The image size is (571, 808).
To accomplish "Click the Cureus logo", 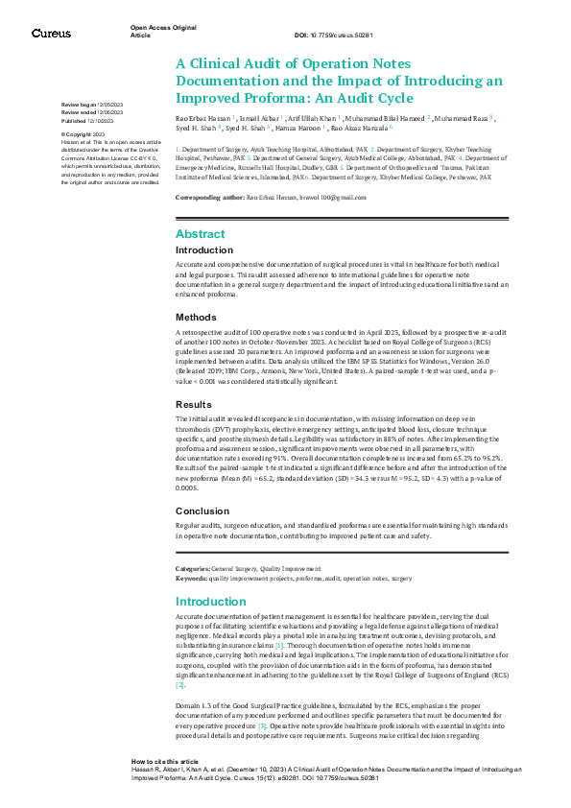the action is point(51,34).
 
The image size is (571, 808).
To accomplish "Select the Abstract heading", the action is point(201,234).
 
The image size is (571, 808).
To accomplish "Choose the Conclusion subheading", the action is point(203,511).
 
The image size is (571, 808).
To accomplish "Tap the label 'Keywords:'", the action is point(194,578).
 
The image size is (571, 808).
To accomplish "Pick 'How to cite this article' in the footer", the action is point(165,759).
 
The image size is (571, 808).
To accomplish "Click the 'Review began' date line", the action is point(92,103).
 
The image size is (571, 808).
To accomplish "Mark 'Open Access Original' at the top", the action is point(163,29).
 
